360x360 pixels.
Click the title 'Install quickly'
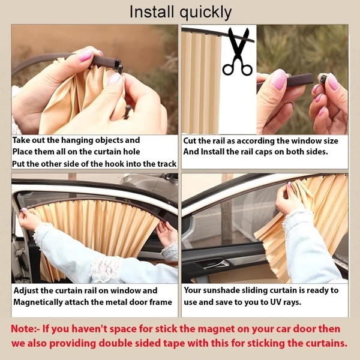[x=180, y=11]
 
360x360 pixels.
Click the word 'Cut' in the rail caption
[x=192, y=141]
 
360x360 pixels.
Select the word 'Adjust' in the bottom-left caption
[x=28, y=290]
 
